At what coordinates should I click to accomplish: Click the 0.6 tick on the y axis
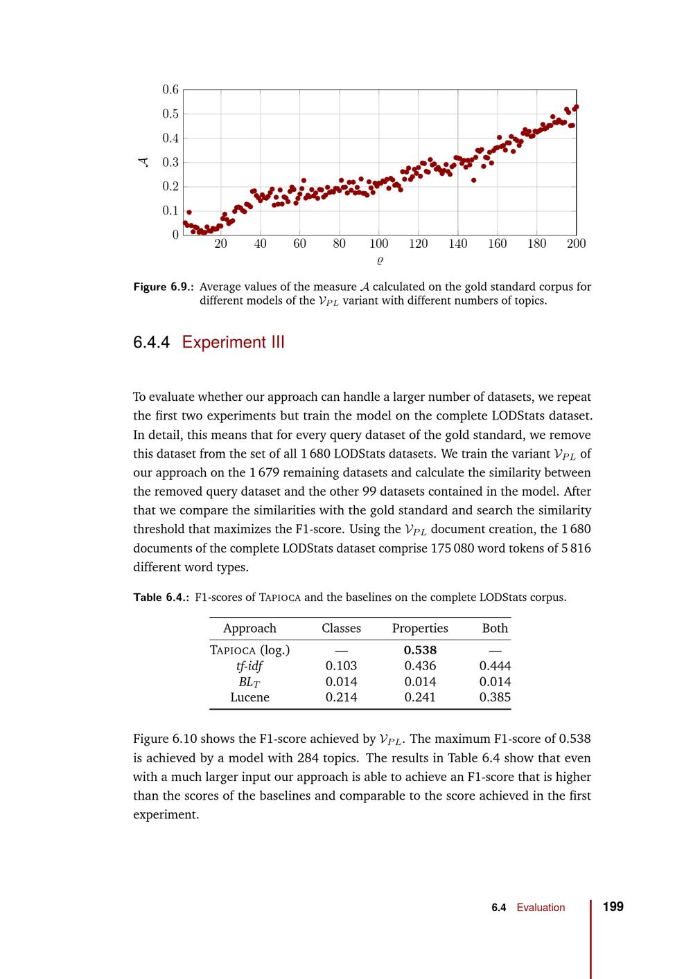tap(170, 89)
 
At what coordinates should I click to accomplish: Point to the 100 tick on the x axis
tap(378, 244)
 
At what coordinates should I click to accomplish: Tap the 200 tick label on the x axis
tap(576, 244)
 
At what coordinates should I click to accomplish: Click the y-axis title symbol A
tap(143, 162)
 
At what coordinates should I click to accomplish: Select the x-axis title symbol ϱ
tap(380, 261)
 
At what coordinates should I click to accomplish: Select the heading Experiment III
tap(233, 342)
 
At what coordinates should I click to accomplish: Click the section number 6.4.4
tap(151, 342)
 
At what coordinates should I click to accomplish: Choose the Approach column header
tap(249, 628)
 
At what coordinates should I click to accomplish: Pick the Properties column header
tap(420, 628)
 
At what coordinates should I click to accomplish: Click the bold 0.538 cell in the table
tap(420, 650)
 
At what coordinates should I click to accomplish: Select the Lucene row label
tap(249, 697)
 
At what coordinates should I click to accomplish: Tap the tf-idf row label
tap(249, 666)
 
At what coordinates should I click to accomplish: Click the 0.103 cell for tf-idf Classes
tap(341, 666)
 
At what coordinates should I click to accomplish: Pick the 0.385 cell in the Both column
tap(495, 697)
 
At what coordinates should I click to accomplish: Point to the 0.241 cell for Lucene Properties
tap(420, 697)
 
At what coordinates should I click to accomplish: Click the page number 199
tap(613, 907)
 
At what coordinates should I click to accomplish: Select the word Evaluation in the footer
tap(541, 908)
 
